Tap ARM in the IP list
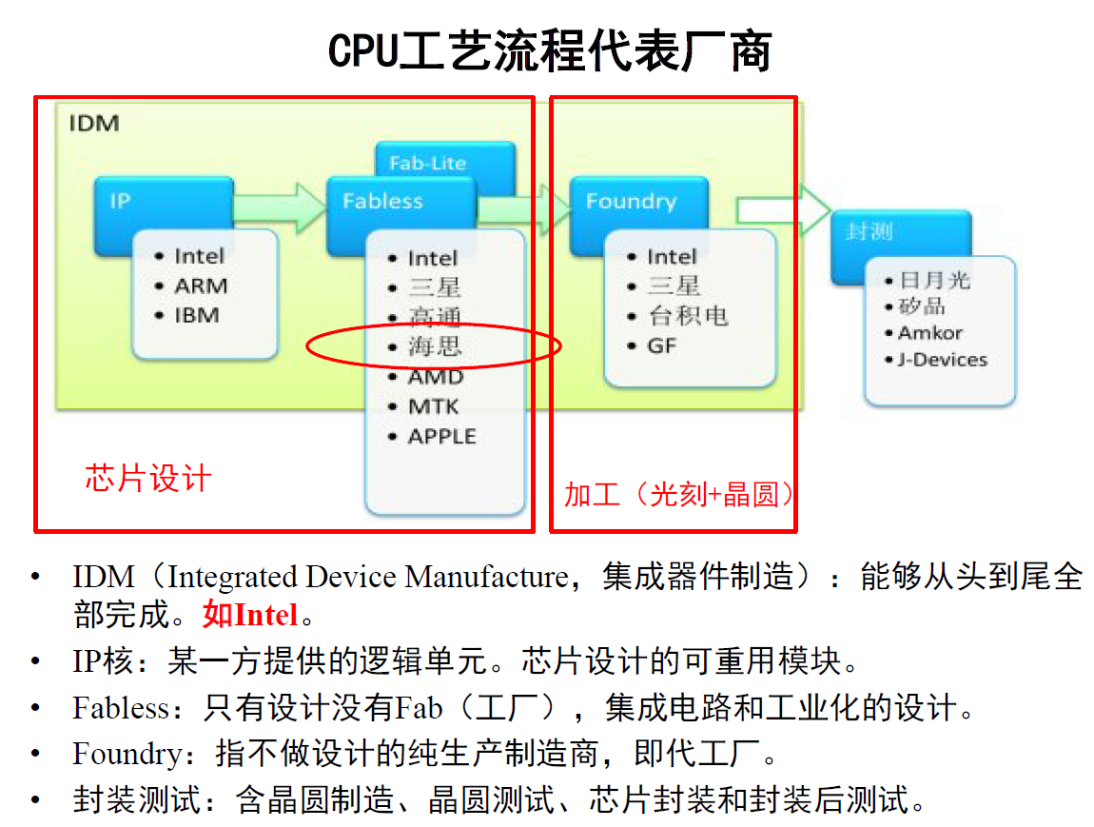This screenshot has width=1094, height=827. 201,286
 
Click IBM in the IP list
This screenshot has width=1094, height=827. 197,315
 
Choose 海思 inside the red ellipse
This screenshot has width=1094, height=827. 435,347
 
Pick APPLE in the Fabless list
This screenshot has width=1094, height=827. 441,437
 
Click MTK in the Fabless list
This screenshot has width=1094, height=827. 433,407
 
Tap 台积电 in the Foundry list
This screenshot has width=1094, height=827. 688,316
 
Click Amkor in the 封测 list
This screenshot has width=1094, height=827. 929,333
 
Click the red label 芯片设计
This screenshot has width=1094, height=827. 147,478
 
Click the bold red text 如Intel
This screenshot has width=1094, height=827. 250,616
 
